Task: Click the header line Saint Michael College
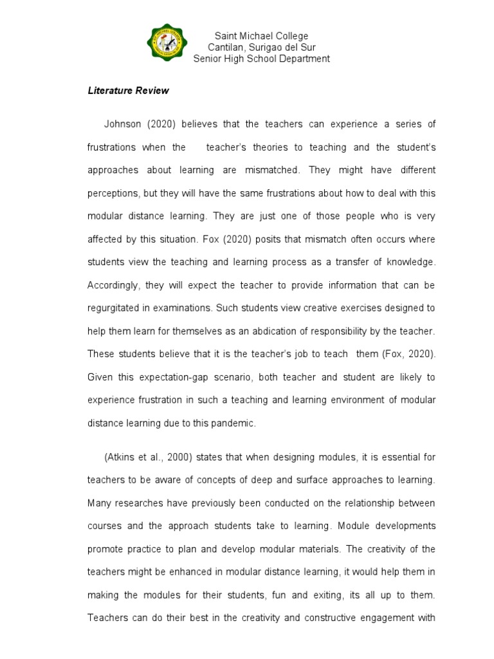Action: tap(261, 37)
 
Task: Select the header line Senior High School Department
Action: tap(261, 59)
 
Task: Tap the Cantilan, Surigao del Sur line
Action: tap(261, 48)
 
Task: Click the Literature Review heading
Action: tap(128, 91)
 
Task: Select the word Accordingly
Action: tap(113, 285)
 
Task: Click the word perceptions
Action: tap(113, 193)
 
